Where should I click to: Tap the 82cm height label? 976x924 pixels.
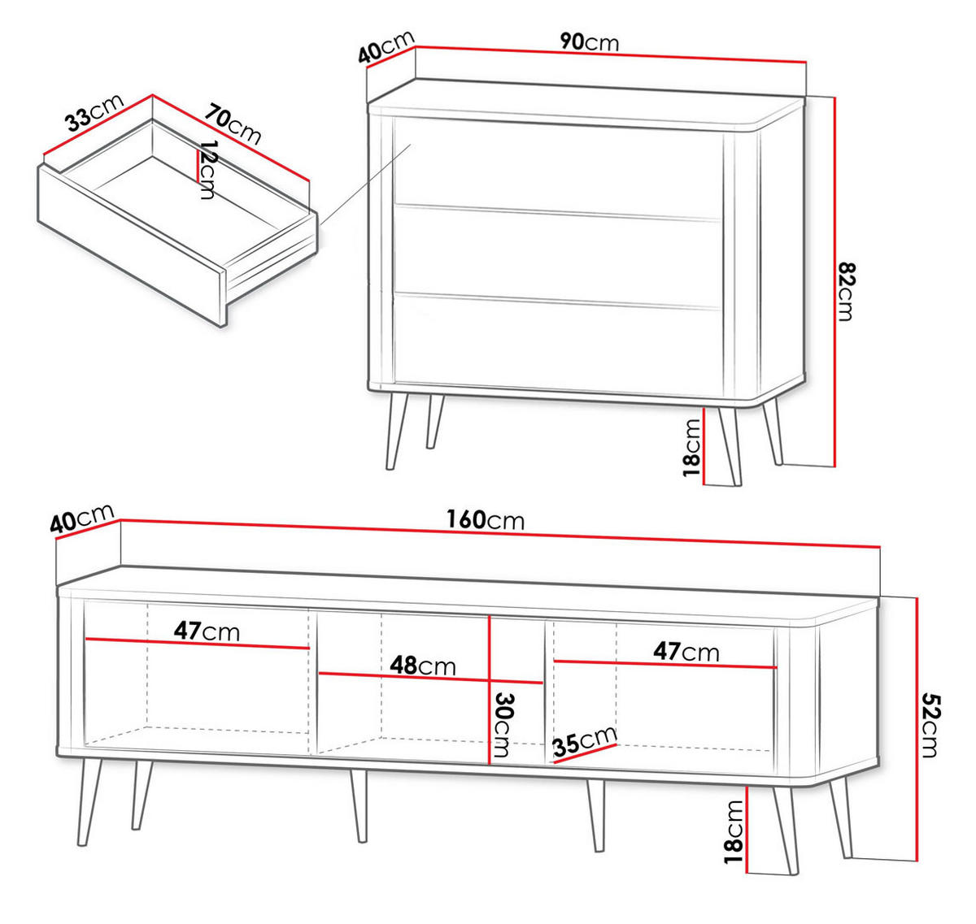pos(847,291)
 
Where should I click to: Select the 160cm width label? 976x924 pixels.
pos(485,519)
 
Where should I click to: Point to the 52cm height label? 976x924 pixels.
pos(930,725)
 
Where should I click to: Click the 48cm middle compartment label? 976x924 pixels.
pos(422,666)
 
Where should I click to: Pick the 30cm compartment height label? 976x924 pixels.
pos(504,725)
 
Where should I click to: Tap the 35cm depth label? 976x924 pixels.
pos(584,742)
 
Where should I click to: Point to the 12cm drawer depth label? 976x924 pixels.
pos(208,170)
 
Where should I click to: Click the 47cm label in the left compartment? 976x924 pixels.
pos(207,631)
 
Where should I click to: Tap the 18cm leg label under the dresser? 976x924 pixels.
pos(692,447)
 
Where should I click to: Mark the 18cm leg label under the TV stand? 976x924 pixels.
pos(734,831)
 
